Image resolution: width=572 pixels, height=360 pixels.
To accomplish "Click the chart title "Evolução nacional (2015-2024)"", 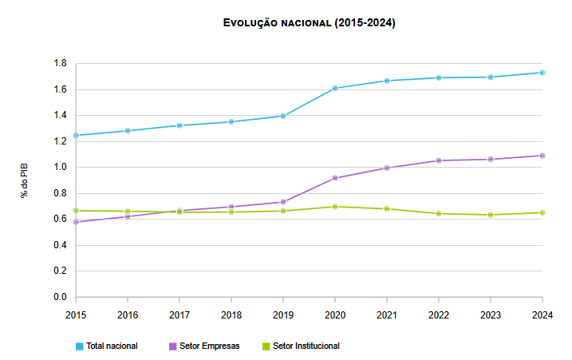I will (310, 23).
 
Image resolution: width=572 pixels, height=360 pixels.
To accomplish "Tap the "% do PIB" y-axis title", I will (25, 180).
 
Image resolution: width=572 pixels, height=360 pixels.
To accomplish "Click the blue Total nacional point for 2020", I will (335, 89).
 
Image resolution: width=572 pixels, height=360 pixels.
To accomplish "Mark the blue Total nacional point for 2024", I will (542, 73).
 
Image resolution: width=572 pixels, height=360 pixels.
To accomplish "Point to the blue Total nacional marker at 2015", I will (76, 136).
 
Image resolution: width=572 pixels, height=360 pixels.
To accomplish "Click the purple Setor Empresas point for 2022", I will (439, 160).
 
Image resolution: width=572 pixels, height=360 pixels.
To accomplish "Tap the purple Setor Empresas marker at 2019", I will (283, 202).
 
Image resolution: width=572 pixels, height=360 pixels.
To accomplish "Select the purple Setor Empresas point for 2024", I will (542, 156).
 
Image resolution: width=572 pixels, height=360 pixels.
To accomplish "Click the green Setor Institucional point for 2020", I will (335, 207).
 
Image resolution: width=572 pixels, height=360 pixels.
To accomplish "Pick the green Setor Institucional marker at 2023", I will (491, 215).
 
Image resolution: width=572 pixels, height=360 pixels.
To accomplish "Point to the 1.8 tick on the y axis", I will (60, 64).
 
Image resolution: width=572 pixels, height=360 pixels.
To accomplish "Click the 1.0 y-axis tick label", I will (60, 168).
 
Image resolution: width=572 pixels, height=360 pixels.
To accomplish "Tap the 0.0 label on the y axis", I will (60, 297).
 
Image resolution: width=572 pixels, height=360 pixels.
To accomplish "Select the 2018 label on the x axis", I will (231, 315).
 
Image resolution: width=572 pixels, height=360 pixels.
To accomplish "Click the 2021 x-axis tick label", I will (387, 315).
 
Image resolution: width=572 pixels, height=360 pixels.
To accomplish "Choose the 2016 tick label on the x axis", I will (128, 315).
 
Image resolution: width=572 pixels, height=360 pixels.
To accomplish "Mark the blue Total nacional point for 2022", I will (439, 77).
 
